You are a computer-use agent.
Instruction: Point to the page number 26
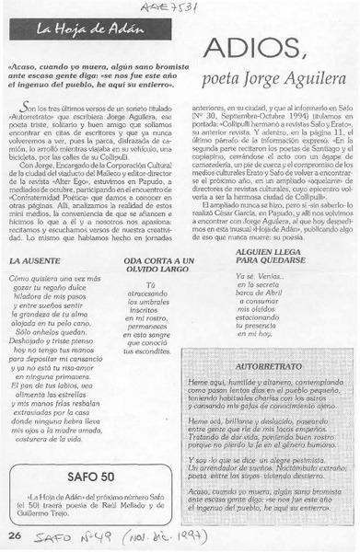(14, 534)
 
